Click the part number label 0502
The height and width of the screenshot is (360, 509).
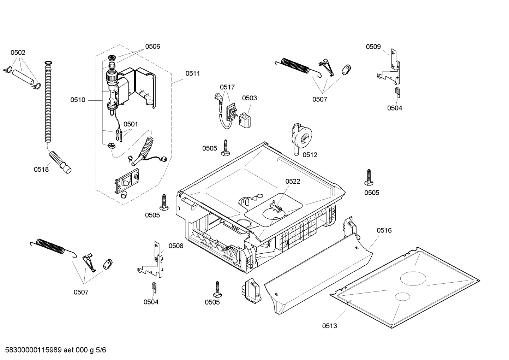[18, 53]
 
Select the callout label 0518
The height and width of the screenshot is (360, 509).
[41, 169]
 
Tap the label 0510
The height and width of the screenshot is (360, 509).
[78, 100]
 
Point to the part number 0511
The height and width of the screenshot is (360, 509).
[192, 73]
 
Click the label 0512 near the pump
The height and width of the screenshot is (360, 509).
[310, 155]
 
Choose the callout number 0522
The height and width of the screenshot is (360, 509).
[293, 181]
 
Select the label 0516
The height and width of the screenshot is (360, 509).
[384, 230]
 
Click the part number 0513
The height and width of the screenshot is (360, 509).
[329, 326]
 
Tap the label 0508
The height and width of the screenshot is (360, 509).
[176, 246]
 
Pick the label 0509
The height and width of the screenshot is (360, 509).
[373, 47]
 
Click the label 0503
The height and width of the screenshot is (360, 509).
[249, 98]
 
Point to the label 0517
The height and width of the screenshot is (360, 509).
[227, 87]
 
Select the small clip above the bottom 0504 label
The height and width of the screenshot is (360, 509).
[154, 287]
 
